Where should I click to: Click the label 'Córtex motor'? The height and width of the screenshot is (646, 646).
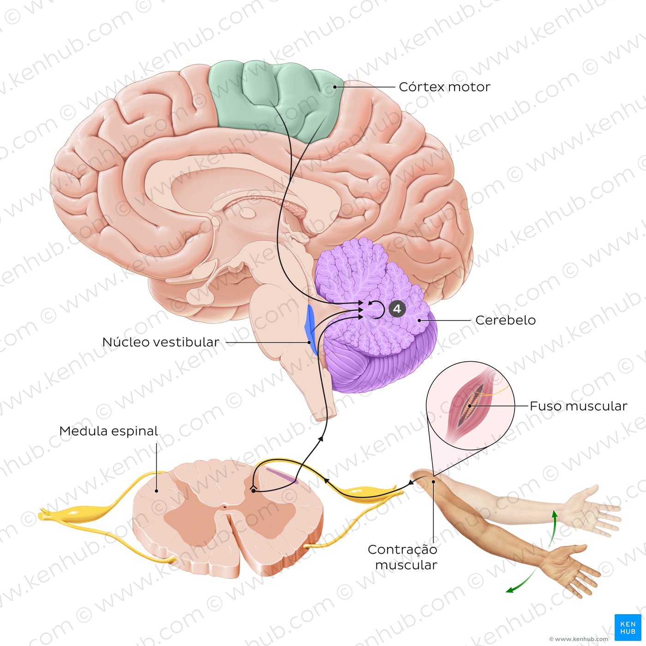click(x=444, y=87)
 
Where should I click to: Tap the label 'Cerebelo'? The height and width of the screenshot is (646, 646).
click(x=505, y=320)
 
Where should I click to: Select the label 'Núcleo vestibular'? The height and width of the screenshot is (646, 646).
click(x=161, y=342)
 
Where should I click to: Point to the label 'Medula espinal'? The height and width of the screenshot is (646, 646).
click(x=108, y=431)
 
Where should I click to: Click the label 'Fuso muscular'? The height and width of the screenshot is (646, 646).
click(x=578, y=406)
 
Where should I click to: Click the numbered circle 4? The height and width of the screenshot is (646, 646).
click(x=397, y=309)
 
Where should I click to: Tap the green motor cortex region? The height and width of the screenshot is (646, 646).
click(x=277, y=97)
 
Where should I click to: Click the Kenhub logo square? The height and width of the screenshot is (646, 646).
click(x=628, y=627)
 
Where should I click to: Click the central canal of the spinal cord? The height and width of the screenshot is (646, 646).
click(x=225, y=507)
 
